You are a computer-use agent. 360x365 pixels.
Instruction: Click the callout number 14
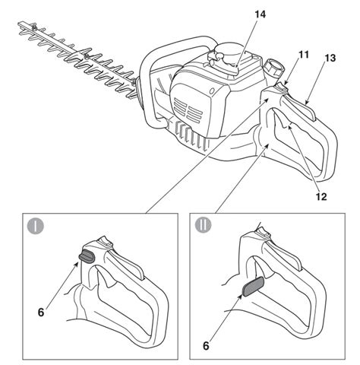coord(261,14)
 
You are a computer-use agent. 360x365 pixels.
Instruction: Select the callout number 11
coord(304,55)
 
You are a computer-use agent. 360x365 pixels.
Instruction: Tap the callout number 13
coord(330,58)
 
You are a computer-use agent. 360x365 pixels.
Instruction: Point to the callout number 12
coord(321,196)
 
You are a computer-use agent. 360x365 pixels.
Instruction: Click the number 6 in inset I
coord(41,313)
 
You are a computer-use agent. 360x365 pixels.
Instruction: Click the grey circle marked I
coord(36,226)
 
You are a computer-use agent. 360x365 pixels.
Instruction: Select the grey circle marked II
coord(203,225)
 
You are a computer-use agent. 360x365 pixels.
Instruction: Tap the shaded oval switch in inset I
coord(87,255)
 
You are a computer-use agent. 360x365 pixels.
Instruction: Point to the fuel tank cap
coord(273,68)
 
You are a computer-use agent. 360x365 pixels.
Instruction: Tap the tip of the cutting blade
coord(18,24)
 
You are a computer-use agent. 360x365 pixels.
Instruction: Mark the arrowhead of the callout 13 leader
coord(306,103)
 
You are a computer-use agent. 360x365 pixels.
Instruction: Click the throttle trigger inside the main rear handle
coord(283,120)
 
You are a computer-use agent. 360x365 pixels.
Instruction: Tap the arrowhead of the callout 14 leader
coord(236,66)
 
